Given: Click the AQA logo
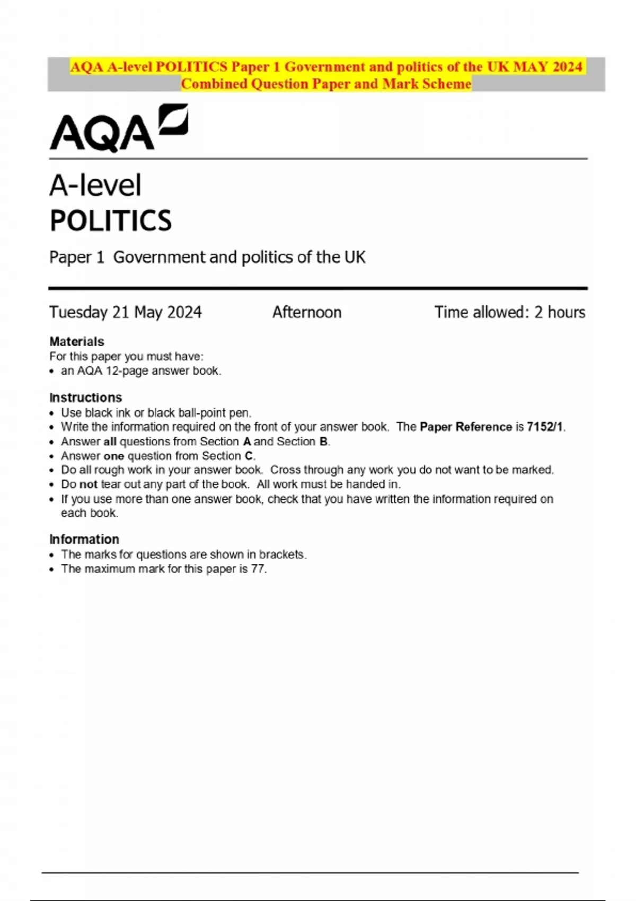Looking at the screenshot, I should pos(118,128).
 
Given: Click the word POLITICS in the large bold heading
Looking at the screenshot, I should pos(111,221).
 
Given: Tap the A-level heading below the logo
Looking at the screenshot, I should pos(95,185).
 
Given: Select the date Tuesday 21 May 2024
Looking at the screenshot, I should pos(126,312).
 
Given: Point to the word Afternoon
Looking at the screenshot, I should pos(307,312).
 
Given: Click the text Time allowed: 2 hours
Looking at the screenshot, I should pos(510,312).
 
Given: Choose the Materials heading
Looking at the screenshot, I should pos(77,341).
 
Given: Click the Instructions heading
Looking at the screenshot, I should pos(85,397).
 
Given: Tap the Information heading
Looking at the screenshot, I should pos(84,539).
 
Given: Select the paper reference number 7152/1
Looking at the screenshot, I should pos(545,427).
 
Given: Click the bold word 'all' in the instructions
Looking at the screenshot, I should pos(110,441).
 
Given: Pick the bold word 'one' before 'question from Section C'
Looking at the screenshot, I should pos(113,456).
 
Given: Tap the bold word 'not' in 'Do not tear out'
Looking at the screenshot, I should pos(89,484).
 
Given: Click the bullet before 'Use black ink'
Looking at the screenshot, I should pos(52,413).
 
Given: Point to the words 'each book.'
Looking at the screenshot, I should pos(90,513).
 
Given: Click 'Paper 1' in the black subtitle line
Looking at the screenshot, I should pos(77,257).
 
